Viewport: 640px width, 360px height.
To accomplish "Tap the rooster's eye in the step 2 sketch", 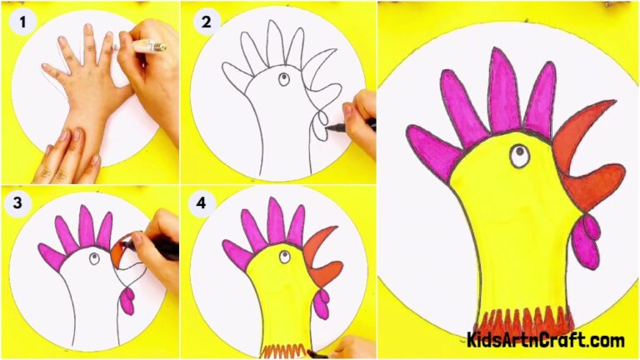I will [x=282, y=80].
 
